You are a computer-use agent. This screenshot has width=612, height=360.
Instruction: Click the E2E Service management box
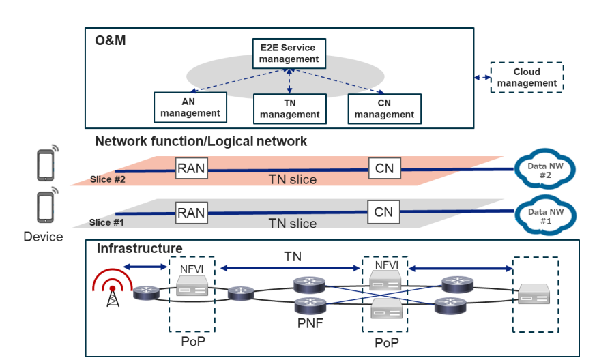290,54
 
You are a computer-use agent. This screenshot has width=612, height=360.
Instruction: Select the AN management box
190,108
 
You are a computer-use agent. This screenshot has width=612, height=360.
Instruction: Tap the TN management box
289,108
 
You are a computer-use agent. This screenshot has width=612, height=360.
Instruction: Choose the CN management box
384,108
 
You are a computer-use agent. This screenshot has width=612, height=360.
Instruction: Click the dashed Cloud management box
527,78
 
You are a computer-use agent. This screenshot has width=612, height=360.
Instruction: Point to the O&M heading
110,41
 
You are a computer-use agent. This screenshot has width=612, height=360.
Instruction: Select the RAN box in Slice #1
191,212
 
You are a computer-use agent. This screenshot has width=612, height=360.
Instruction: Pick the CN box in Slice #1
383,212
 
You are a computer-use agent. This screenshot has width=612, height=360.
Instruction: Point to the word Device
43,237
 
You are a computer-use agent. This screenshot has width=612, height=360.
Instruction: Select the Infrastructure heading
139,248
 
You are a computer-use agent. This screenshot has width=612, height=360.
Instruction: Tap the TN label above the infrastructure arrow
293,257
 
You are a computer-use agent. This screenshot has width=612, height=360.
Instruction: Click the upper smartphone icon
46,164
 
